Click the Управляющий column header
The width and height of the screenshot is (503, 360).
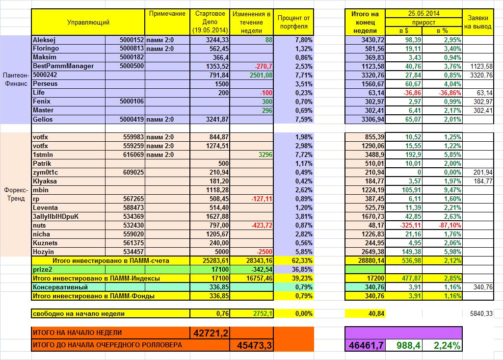88,22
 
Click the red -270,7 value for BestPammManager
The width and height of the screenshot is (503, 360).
263,66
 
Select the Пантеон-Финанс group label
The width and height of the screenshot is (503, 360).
16,79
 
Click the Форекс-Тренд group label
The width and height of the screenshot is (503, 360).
16,194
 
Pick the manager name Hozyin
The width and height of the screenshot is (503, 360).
44,251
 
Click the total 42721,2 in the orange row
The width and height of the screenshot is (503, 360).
211,333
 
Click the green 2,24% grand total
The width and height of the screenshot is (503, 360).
447,345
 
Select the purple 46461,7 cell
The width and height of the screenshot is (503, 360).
366,345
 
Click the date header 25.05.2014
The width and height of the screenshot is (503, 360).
424,13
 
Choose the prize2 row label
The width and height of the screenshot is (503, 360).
42,269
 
